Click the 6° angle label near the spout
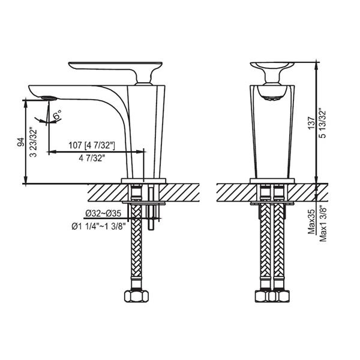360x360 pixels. [58, 113]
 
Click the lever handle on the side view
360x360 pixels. [114, 65]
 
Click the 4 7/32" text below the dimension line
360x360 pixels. [91, 159]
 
